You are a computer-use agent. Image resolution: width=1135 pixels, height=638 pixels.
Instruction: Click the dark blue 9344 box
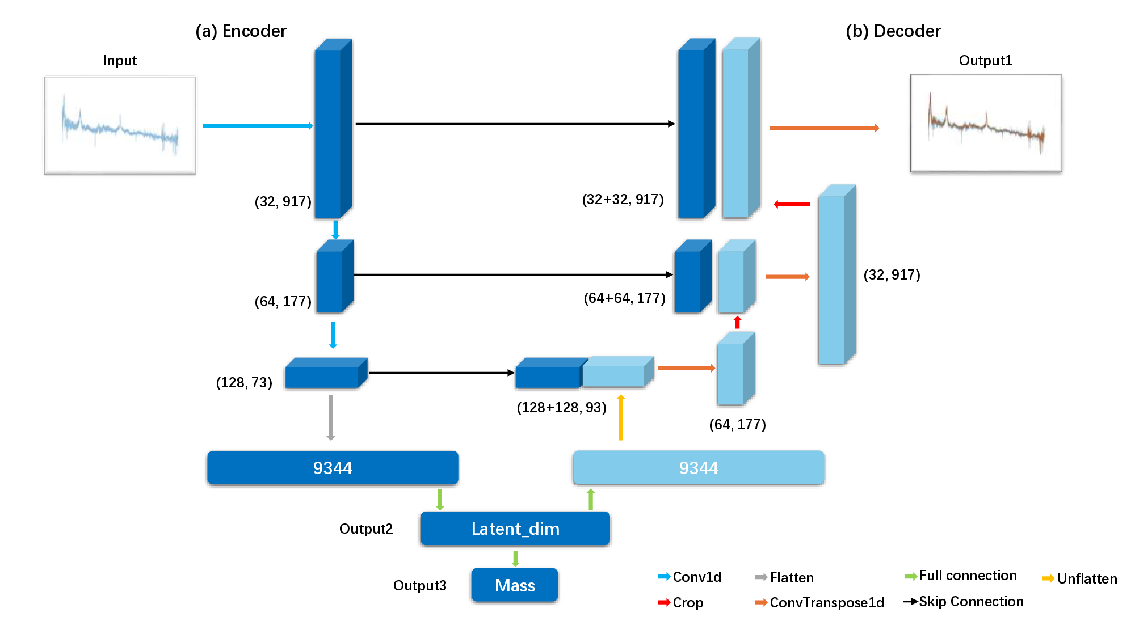point(333,468)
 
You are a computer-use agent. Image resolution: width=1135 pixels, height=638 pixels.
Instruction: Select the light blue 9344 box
point(699,468)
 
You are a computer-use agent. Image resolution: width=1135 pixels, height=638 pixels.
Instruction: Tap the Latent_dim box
point(515,529)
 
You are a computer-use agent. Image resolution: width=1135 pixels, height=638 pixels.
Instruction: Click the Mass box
point(515,585)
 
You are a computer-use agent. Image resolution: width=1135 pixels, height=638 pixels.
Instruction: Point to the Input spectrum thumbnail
point(120,125)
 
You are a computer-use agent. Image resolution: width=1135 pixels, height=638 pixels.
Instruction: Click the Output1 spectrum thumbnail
point(986,123)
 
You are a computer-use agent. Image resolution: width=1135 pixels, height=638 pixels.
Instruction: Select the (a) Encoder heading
point(241,31)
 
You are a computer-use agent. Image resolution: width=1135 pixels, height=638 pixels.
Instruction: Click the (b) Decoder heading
point(893,31)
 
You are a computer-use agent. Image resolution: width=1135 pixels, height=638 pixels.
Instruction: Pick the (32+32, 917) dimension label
point(623,200)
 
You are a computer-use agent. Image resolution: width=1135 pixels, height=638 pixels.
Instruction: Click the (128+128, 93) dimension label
point(561,407)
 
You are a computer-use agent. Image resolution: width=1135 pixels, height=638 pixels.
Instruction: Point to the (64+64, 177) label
point(624,298)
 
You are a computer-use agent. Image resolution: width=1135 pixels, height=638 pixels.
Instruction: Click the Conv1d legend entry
point(690,577)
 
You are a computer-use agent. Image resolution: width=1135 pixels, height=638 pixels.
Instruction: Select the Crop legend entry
point(681,602)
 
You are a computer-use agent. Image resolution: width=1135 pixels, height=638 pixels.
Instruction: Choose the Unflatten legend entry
point(1079,578)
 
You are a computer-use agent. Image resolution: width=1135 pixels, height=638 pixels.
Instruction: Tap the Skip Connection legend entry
point(964,602)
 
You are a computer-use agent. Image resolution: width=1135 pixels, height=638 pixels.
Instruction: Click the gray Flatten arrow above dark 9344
point(331,417)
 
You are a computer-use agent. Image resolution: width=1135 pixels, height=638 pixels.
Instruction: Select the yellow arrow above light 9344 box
point(621,417)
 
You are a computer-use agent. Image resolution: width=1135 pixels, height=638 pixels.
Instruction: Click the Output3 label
point(419,585)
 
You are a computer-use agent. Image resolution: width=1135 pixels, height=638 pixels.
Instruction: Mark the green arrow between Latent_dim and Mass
point(515,558)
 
